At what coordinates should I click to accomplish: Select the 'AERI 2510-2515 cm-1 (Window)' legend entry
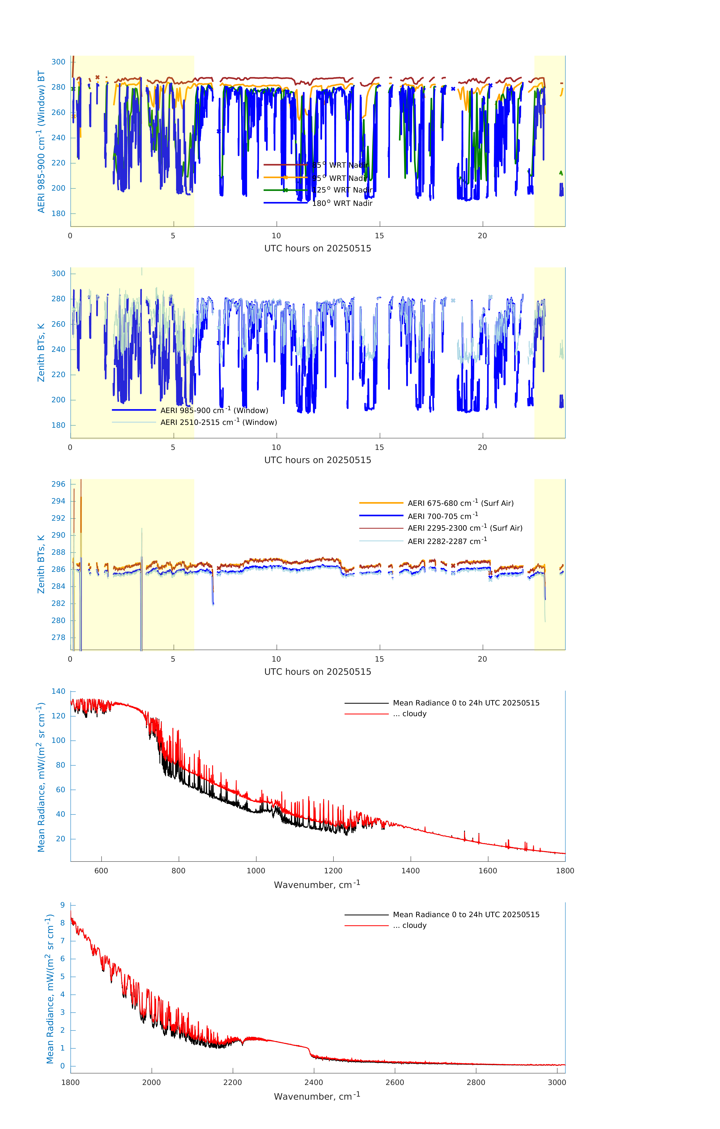click(219, 422)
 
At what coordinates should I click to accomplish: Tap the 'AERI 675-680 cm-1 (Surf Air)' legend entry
click(460, 503)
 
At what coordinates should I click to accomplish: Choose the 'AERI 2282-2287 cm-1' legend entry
click(447, 541)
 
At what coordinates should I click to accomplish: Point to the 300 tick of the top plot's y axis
click(59, 62)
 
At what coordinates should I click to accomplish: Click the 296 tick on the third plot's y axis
click(59, 484)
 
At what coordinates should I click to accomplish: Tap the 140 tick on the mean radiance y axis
click(59, 691)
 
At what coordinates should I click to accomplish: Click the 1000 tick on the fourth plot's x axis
click(256, 871)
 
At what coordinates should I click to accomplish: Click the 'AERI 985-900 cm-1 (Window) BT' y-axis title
click(41, 142)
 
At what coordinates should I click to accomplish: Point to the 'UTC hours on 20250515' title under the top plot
click(318, 249)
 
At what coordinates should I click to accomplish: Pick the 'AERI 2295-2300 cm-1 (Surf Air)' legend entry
click(465, 528)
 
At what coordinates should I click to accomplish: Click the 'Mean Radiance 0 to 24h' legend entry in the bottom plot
click(466, 914)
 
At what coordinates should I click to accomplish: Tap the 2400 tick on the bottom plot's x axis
click(313, 1082)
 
